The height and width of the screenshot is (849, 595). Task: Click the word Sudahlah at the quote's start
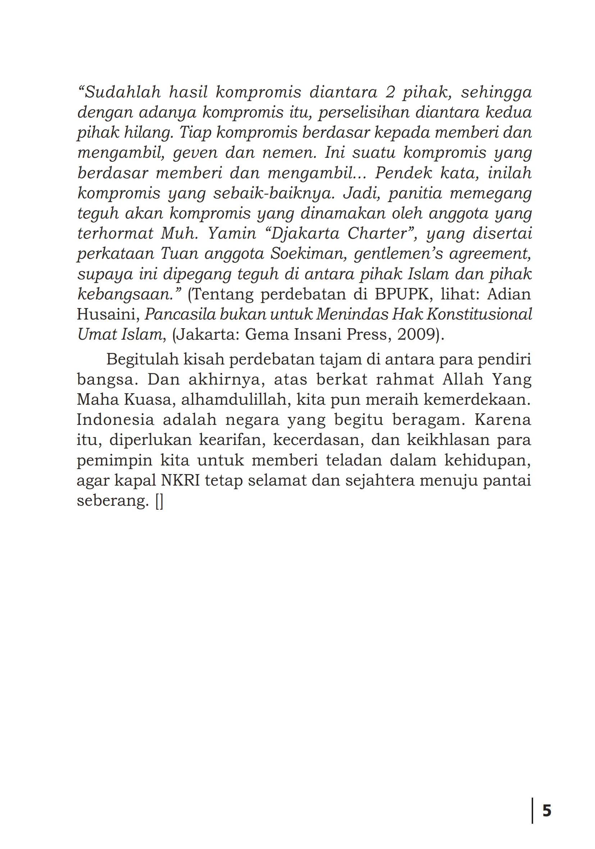click(122, 92)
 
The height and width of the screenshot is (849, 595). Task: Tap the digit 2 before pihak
click(390, 92)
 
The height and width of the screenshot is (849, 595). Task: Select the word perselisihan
click(363, 113)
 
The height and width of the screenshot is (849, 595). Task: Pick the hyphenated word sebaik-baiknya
click(274, 193)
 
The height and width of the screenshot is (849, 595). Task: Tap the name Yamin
click(232, 234)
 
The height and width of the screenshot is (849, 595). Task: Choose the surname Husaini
click(108, 315)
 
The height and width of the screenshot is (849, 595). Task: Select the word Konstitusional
click(479, 315)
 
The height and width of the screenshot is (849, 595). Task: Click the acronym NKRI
click(180, 481)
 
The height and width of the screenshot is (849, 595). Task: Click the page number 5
click(547, 811)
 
